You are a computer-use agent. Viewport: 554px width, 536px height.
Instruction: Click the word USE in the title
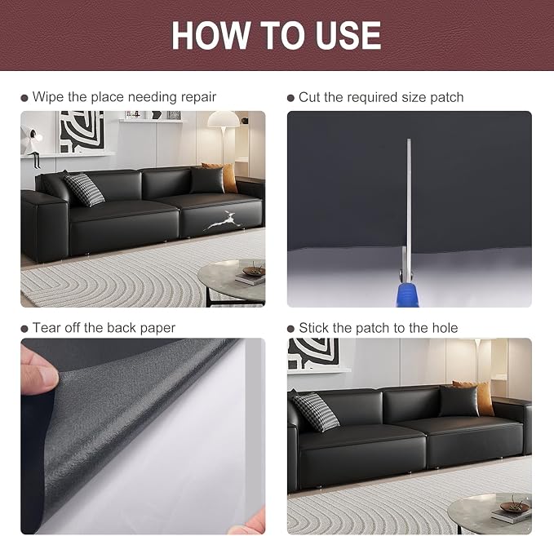348,35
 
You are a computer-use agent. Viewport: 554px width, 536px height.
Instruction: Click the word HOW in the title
211,35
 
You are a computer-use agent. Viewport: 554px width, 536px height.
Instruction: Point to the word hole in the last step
445,328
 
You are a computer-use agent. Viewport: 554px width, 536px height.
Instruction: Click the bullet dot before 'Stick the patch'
290,329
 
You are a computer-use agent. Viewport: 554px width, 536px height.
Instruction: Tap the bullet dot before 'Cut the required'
290,98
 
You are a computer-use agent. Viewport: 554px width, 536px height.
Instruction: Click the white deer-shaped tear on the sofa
223,221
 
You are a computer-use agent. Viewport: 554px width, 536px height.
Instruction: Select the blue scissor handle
407,293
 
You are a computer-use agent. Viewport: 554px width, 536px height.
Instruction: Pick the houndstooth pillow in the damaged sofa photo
84,189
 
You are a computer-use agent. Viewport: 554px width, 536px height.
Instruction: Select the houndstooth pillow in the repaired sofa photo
316,412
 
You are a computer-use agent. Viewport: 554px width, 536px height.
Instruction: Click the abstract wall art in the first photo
82,132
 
